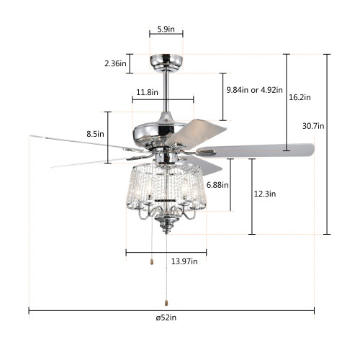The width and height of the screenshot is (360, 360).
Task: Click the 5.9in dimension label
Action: coord(166,30)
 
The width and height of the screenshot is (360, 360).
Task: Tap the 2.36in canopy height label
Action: coord(115,63)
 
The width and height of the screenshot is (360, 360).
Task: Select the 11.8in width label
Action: coord(147,92)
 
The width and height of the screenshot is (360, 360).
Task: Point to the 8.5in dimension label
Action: coord(95,134)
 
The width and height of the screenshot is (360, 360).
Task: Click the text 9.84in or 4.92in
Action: coord(255,90)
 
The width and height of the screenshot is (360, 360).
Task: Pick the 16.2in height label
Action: coord(300,97)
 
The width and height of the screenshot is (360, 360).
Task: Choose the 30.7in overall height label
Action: coord(313,126)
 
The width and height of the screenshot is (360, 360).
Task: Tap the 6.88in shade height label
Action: coord(217,185)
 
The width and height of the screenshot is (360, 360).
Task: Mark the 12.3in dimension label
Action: coord(265,194)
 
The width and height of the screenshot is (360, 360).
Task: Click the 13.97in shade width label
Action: coord(184,261)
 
